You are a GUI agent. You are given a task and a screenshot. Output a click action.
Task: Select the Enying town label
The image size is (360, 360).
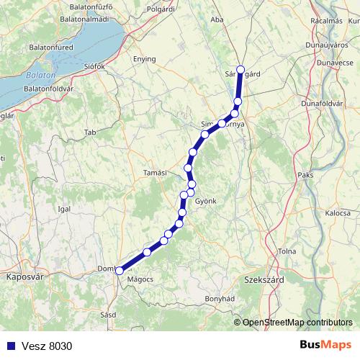(145, 59)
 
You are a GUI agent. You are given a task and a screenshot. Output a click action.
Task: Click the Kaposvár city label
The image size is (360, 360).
(21, 276)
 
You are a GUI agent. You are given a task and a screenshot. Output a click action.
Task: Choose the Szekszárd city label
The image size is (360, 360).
(263, 278)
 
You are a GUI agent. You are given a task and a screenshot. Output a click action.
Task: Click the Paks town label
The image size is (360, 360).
(305, 174)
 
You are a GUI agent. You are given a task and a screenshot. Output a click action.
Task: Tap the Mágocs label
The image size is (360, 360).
(140, 278)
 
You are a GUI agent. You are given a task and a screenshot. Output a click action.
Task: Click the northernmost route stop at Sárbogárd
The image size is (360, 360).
(240, 70)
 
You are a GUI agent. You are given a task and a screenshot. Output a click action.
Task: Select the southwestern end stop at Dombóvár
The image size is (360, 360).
(119, 271)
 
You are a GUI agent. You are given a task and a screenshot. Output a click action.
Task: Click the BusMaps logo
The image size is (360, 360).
(325, 345)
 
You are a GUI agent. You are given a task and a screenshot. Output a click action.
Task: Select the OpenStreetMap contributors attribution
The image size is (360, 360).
(297, 323)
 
